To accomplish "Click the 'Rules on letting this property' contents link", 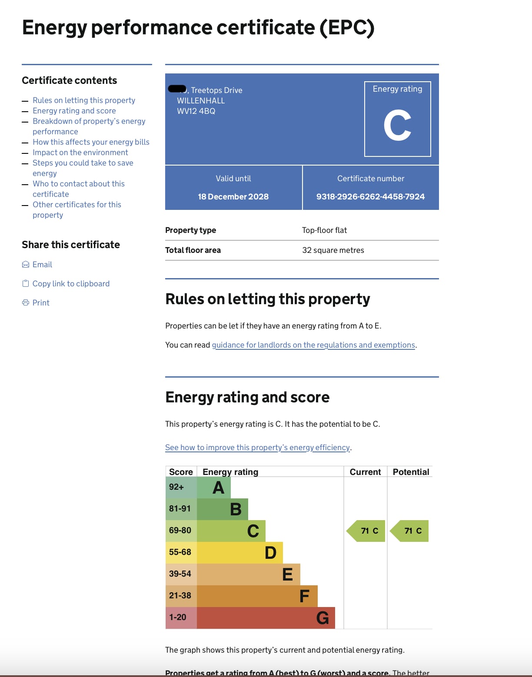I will (84, 100).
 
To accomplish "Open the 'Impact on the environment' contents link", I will (80, 153).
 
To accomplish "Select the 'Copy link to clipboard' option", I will (71, 284).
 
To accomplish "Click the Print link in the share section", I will (41, 303).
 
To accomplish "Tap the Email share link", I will (42, 265).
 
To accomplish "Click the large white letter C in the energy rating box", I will (397, 126).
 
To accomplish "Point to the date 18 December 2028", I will (233, 197).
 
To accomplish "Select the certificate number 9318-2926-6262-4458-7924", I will (370, 197).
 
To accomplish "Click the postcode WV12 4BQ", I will (196, 111).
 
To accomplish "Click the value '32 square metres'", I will (333, 250).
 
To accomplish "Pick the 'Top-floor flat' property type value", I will (324, 230).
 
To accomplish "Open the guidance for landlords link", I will (313, 345).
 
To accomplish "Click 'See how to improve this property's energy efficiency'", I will (257, 448).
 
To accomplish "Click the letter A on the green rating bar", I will (218, 488).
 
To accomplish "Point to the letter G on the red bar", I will (323, 618).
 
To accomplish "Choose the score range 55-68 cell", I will (180, 552).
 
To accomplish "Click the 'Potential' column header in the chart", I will (411, 472).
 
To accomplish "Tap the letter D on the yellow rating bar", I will (270, 553).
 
